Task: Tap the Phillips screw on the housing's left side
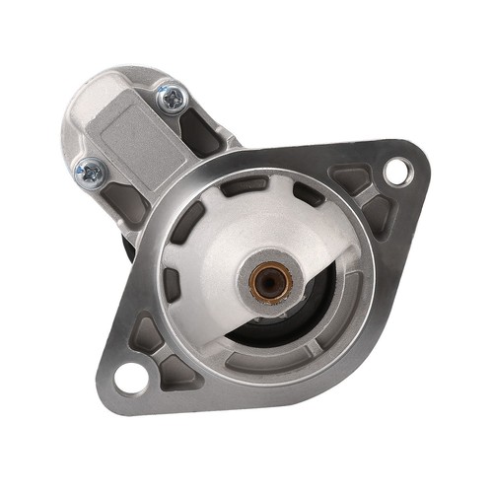(x=89, y=171)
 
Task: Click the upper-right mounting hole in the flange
(x=396, y=171)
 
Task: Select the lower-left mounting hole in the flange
(x=129, y=376)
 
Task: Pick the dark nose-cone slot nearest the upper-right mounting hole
(x=309, y=193)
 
